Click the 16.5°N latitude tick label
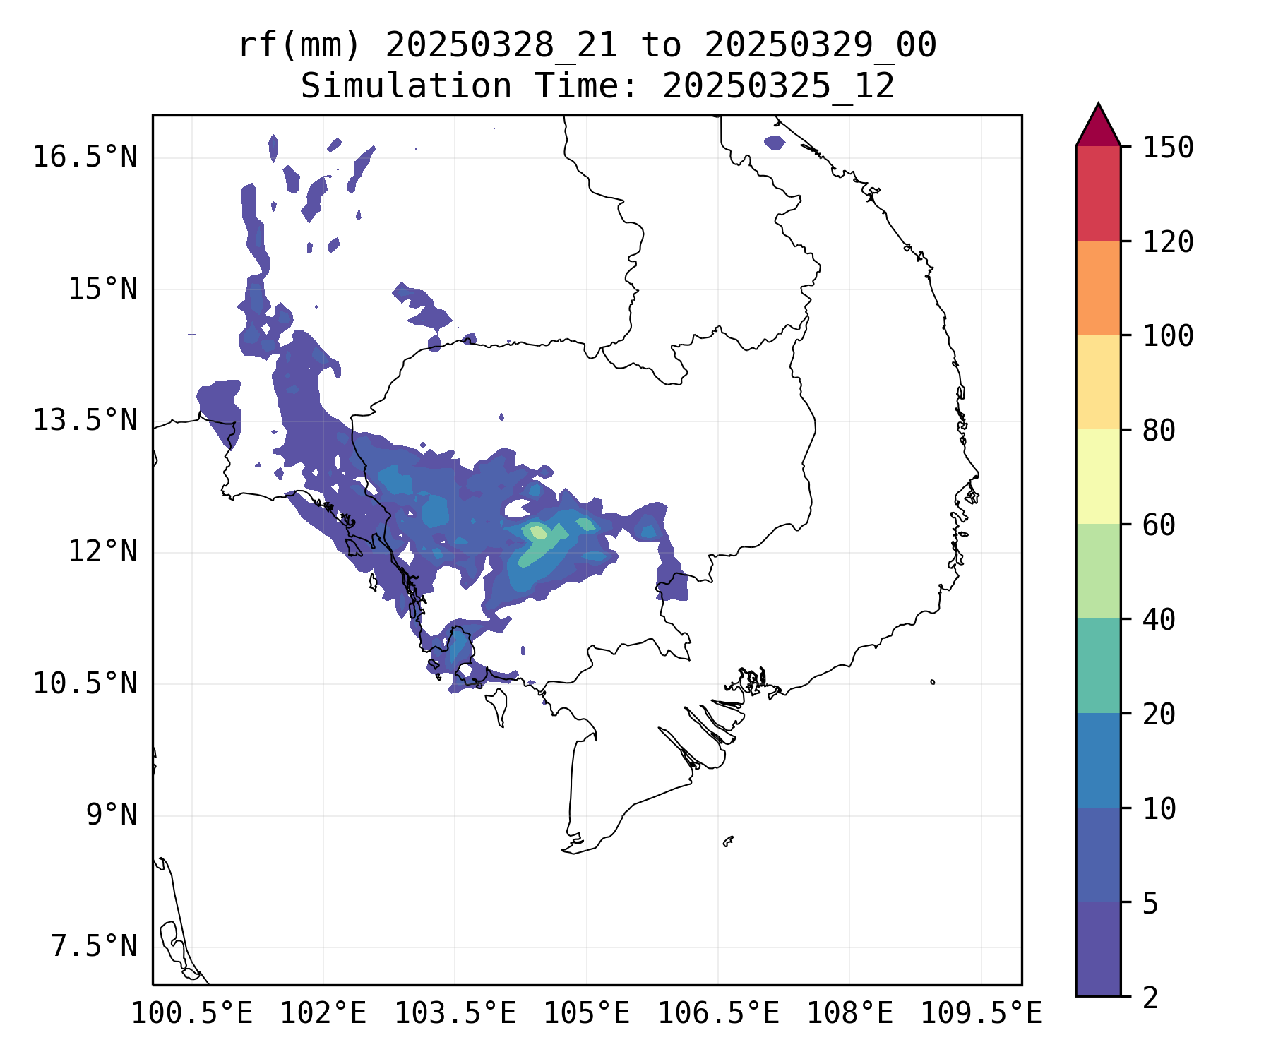(x=85, y=157)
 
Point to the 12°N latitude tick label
(x=102, y=551)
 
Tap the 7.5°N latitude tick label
(x=94, y=946)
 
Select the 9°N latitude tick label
(x=112, y=815)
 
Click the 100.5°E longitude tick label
(x=192, y=1014)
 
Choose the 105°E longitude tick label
(x=586, y=1014)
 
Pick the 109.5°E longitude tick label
(x=981, y=1014)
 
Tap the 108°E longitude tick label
(x=849, y=1014)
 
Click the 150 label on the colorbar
(x=1168, y=148)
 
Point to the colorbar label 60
(x=1159, y=525)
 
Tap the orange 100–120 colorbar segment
(x=1098, y=287)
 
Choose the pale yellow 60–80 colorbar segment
(x=1098, y=477)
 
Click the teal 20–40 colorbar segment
(x=1098, y=666)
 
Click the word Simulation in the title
(x=406, y=87)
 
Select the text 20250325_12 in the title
(x=778, y=87)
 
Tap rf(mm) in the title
(x=299, y=46)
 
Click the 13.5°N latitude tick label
(x=85, y=420)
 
